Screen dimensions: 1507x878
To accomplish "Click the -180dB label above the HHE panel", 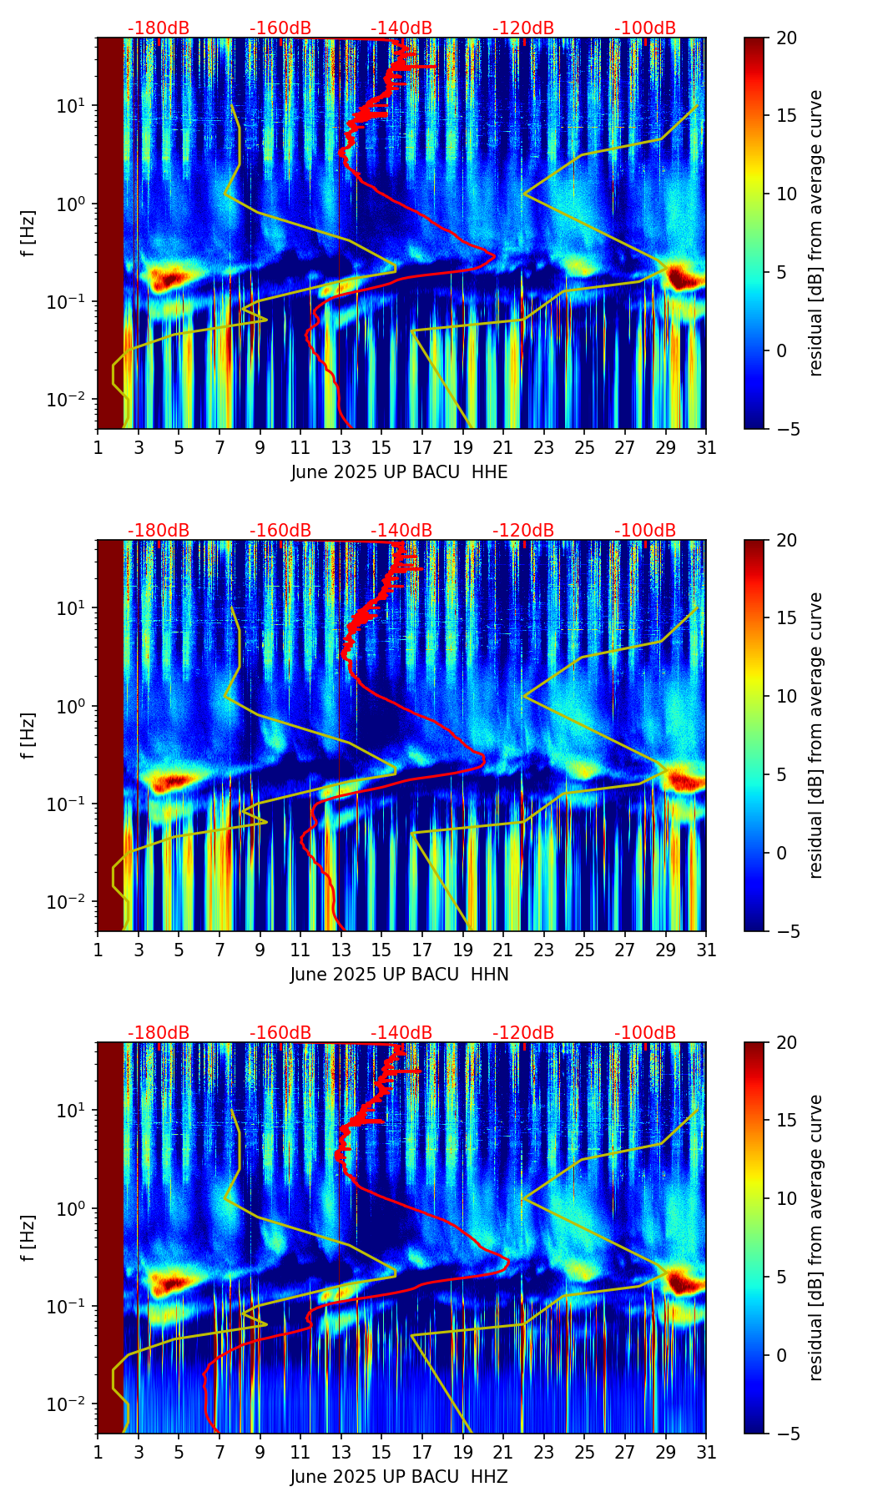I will click(159, 28).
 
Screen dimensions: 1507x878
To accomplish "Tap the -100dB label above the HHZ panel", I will click(645, 1033).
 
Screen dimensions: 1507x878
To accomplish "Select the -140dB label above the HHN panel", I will click(401, 531).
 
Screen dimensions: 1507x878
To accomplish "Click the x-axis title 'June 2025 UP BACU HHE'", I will click(399, 472).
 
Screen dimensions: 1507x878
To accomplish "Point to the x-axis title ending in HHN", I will click(399, 975).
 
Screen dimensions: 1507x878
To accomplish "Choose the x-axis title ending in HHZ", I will click(399, 1477).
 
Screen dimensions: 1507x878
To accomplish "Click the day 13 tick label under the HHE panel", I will click(341, 447).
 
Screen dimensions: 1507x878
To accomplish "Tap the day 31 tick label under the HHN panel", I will click(706, 950).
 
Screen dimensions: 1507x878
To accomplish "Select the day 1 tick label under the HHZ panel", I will click(98, 1452).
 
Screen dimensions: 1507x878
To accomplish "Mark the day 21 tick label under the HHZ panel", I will click(503, 1452).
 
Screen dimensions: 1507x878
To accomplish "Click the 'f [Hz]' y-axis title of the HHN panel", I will click(29, 735).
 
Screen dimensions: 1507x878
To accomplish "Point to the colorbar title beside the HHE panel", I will click(816, 233).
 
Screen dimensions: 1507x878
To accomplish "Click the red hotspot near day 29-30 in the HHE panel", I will click(686, 278).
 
